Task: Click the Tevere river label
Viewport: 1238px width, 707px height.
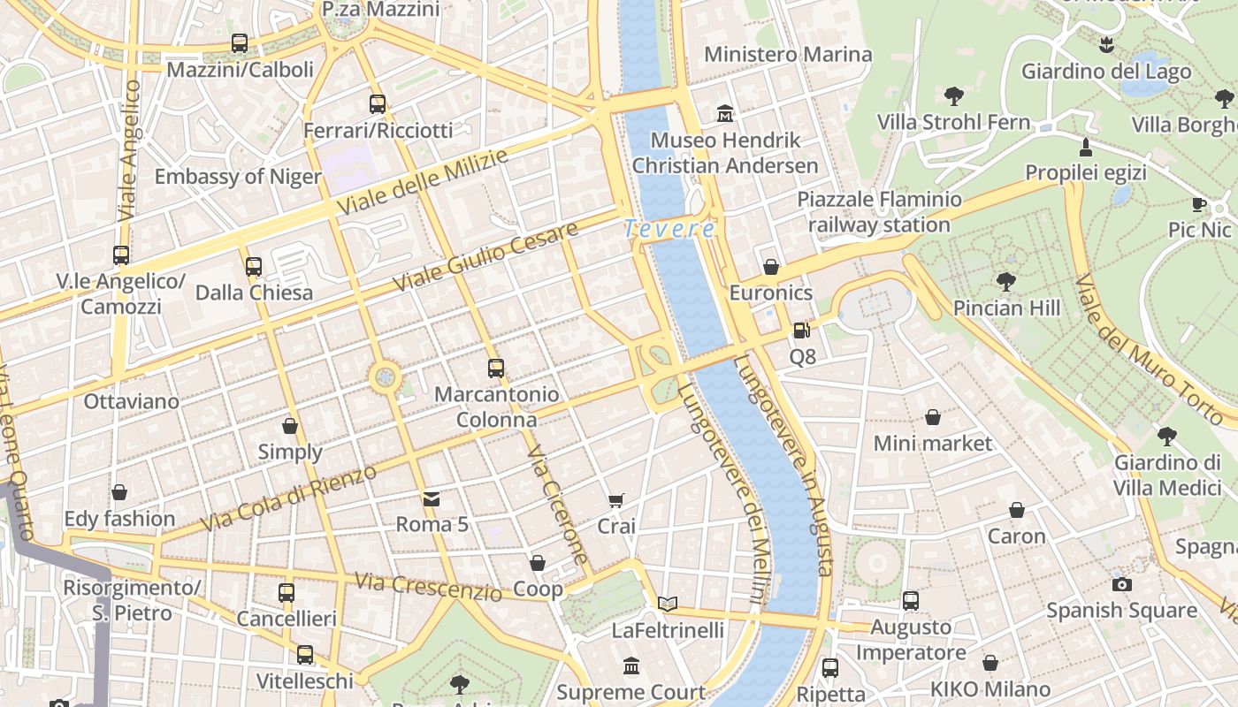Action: [x=669, y=229]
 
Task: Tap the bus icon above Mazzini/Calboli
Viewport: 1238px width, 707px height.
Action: [x=239, y=43]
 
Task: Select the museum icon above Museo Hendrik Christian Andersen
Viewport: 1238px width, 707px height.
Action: [x=725, y=114]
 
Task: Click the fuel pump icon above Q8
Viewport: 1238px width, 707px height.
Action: [x=802, y=331]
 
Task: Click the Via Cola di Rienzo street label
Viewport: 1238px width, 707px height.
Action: [x=288, y=498]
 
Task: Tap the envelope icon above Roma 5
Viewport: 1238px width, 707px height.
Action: [x=432, y=499]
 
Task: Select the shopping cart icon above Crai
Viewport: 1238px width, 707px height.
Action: [x=616, y=501]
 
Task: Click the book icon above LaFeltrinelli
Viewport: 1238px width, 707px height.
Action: [x=668, y=604]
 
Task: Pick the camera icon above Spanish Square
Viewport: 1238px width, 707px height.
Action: [x=1121, y=584]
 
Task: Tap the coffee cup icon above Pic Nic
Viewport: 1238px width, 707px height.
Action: [x=1199, y=204]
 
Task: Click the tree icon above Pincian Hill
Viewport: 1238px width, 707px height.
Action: [x=1005, y=282]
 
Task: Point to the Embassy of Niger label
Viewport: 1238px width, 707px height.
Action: [x=238, y=177]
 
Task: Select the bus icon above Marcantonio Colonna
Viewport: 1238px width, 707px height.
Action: [x=496, y=369]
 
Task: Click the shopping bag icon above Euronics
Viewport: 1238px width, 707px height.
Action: [x=771, y=267]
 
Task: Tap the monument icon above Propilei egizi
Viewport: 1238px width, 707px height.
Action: [x=1086, y=147]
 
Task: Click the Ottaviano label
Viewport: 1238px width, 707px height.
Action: [x=131, y=401]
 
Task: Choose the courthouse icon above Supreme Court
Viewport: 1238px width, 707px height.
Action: [x=631, y=665]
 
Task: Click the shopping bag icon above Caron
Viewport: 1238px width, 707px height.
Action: [x=1017, y=510]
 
